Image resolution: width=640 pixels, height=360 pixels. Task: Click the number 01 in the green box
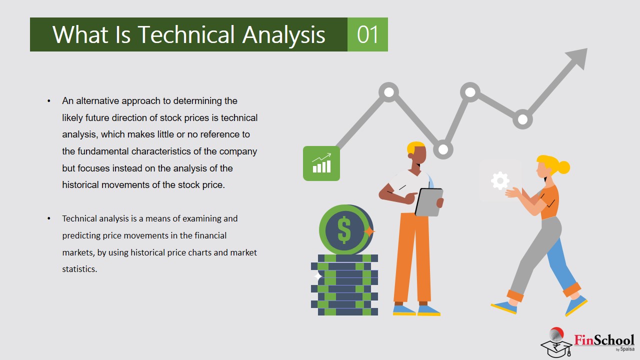click(x=367, y=34)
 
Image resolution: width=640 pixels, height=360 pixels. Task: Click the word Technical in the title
click(x=186, y=34)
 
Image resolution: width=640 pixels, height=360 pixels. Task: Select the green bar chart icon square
click(x=321, y=163)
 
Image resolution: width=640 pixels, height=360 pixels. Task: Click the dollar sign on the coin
click(x=344, y=229)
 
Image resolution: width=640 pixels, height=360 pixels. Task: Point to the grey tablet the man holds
click(x=428, y=202)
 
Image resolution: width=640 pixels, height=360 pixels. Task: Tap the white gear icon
click(x=500, y=180)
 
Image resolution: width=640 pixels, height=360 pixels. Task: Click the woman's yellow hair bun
click(x=563, y=167)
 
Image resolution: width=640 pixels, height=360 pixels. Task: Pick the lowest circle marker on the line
click(x=443, y=149)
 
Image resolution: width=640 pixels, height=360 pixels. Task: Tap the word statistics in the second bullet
click(x=79, y=269)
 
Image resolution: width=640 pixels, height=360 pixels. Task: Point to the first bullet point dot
click(x=49, y=101)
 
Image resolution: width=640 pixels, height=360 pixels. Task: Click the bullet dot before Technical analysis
click(x=49, y=218)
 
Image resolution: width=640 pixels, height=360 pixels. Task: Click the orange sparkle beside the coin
click(x=369, y=231)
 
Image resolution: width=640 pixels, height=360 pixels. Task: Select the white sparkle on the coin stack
click(x=317, y=276)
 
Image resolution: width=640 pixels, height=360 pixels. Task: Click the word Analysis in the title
click(x=283, y=35)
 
